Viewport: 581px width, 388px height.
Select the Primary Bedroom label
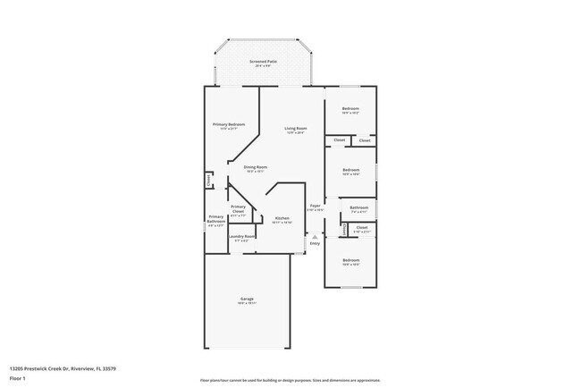pos(229,124)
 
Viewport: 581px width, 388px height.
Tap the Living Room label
pos(296,127)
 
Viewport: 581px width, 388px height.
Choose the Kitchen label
pos(282,218)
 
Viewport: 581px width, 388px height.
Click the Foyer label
pos(316,207)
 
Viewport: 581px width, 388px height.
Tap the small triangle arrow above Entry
pos(315,237)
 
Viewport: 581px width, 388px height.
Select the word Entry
pos(315,244)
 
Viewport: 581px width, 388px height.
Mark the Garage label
pos(247,299)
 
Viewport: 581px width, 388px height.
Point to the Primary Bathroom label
pos(215,217)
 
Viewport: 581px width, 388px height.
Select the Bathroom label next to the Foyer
pos(359,207)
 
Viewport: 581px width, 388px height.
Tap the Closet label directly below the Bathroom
pos(361,228)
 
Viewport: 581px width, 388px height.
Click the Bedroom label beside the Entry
pos(350,260)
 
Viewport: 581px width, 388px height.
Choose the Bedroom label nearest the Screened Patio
pos(350,108)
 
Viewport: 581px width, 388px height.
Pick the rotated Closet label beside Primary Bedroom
pos(209,180)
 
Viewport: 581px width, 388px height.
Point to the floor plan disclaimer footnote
pos(290,380)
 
